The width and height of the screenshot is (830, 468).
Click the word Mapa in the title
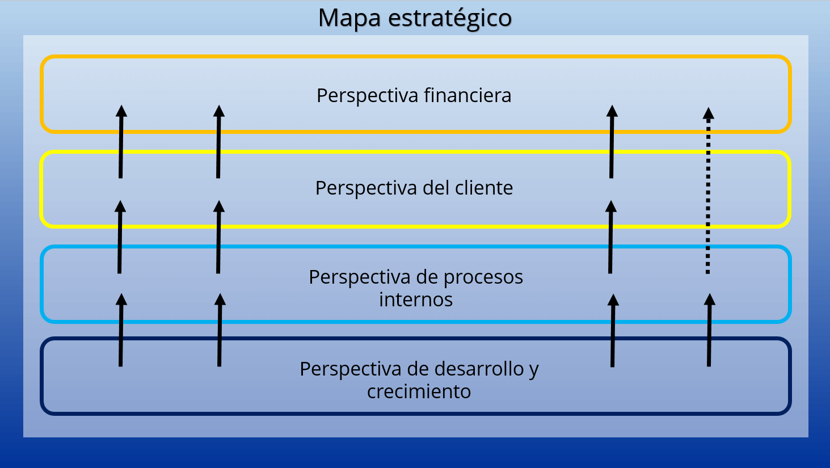coord(349,18)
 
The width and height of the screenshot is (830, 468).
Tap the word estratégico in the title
coord(450,18)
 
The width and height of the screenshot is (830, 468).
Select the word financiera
coord(467,95)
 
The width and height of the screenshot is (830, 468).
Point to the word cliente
coord(484,188)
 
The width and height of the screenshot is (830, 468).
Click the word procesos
coord(483,277)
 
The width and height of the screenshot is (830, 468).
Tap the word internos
coord(416,300)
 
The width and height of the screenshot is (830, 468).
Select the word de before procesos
coord(427,277)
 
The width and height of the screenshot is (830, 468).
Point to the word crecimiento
coord(419,391)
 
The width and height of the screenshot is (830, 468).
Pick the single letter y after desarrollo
coord(533,370)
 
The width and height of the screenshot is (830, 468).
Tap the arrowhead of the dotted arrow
coord(709,113)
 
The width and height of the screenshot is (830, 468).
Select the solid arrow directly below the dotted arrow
coord(709,332)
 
